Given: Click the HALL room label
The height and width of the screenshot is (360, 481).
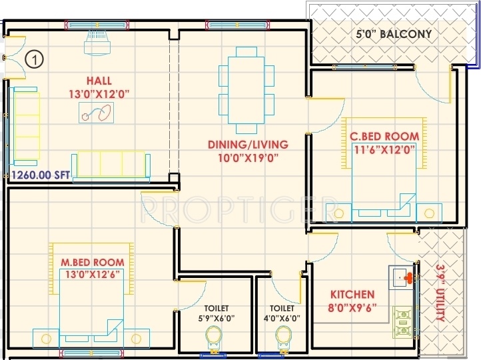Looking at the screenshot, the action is coord(99,81).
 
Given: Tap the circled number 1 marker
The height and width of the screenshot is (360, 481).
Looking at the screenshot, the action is coord(35,59).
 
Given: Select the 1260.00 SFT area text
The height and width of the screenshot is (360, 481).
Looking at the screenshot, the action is coord(41,175).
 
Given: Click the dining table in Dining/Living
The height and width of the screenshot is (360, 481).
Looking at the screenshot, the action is coord(246,90).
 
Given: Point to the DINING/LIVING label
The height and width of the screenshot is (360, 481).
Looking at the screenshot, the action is coord(248,145).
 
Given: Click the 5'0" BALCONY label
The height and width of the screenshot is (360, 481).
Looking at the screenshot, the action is coord(394,34).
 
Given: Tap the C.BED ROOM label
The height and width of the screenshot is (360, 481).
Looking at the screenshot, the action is coord(384,136).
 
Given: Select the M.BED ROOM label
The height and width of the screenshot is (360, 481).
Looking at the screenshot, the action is coord(93,263).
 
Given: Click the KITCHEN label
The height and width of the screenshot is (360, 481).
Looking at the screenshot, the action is coord(352,295).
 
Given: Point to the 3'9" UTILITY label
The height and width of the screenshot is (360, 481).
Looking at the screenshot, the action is coord(441,293).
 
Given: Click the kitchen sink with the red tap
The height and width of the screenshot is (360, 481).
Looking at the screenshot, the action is coord(401,278).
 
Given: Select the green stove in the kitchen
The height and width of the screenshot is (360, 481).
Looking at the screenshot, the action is coord(402,322).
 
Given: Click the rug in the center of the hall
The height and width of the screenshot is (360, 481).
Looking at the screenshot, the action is coord(97,113).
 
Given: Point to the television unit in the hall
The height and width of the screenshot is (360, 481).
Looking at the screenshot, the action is coord(97,43).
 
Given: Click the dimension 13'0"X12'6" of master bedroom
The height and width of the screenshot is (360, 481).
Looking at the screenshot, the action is coord(93,274).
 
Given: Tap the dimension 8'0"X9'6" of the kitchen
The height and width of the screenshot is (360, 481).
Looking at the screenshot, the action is coord(352,307).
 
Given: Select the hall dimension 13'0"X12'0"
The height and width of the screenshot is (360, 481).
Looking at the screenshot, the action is coord(99,94).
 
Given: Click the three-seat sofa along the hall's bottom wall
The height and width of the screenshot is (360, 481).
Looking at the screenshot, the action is coord(111,167).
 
